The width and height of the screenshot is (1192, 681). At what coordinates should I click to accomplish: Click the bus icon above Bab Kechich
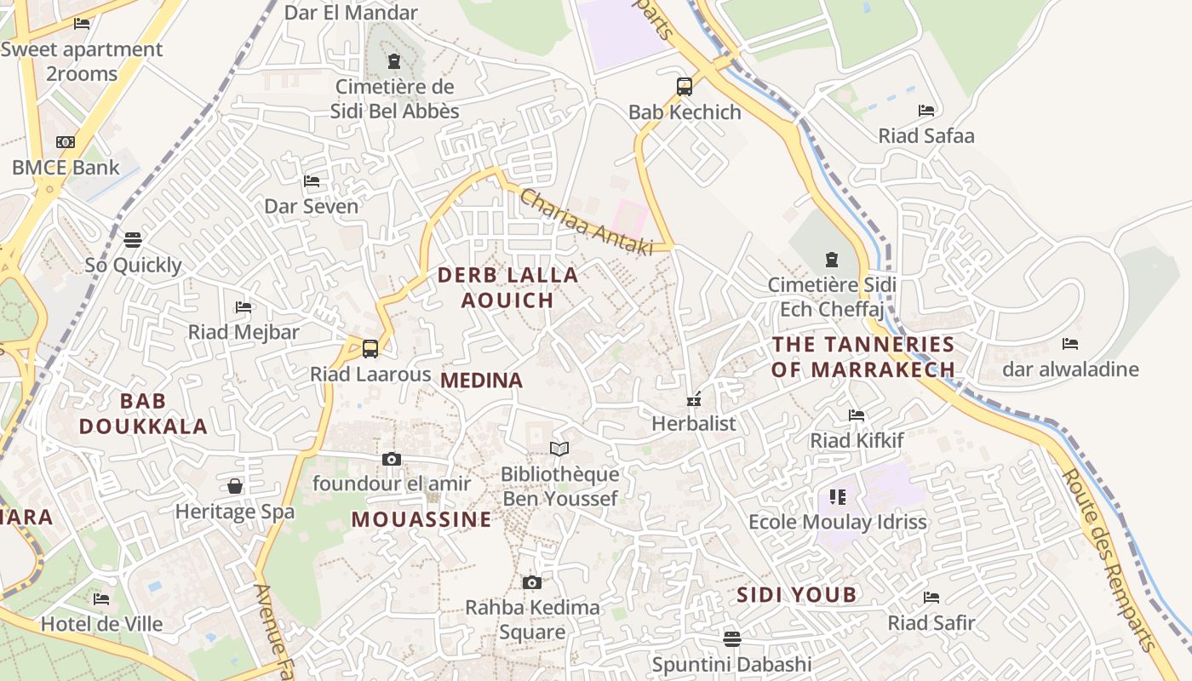(x=685, y=86)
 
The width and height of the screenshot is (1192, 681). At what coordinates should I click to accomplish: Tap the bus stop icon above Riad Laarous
(x=370, y=348)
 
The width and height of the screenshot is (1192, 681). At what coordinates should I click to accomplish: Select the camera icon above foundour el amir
(x=392, y=460)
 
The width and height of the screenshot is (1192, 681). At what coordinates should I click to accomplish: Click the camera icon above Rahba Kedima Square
(x=532, y=583)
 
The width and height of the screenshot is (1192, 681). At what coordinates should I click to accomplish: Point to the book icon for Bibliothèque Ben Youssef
(x=559, y=449)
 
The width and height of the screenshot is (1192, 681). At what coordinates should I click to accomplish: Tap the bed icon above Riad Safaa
(x=926, y=111)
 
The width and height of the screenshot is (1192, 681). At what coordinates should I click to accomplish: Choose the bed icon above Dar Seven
(x=312, y=181)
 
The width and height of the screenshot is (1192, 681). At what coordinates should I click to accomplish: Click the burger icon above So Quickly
(x=133, y=240)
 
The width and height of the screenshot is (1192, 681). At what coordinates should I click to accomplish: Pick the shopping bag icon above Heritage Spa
(x=235, y=486)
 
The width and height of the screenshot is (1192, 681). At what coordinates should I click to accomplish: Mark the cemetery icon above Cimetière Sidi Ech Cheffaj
(x=832, y=259)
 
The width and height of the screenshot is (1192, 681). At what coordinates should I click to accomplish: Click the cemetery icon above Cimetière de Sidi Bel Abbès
(x=394, y=61)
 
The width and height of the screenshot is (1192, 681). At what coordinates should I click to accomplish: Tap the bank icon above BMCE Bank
(x=66, y=142)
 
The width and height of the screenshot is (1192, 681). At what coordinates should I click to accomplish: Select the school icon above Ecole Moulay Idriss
(x=837, y=496)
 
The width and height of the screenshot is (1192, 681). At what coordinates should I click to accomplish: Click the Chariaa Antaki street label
(x=586, y=222)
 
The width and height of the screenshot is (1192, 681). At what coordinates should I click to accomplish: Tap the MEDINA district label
(x=482, y=381)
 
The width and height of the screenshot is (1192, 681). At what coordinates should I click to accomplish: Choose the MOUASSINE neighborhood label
(x=421, y=519)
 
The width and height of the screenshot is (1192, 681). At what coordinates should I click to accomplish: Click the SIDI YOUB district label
(x=796, y=595)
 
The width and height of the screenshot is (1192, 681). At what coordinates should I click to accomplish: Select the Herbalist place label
(x=694, y=423)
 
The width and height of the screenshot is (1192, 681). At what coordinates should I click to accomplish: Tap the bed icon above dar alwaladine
(x=1070, y=344)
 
